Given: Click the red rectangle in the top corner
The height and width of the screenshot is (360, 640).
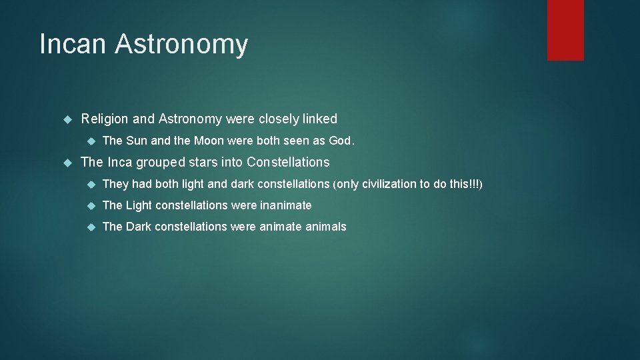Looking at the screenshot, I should click(565, 29).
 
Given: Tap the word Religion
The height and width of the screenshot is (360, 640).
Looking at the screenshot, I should click(105, 119).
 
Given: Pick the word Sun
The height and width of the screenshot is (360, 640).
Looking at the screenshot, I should click(137, 141).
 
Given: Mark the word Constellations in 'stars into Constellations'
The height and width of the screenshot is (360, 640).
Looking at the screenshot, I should click(288, 163).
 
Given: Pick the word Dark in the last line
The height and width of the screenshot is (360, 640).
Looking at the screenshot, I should click(139, 227).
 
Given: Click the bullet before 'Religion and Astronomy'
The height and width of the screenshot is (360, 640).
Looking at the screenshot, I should click(67, 119).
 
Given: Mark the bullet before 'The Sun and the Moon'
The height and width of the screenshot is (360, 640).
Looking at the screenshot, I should click(89, 141).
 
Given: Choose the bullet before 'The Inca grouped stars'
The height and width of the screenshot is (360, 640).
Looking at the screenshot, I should click(67, 163).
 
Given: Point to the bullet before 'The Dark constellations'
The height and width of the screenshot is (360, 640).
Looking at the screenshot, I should click(89, 227).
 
